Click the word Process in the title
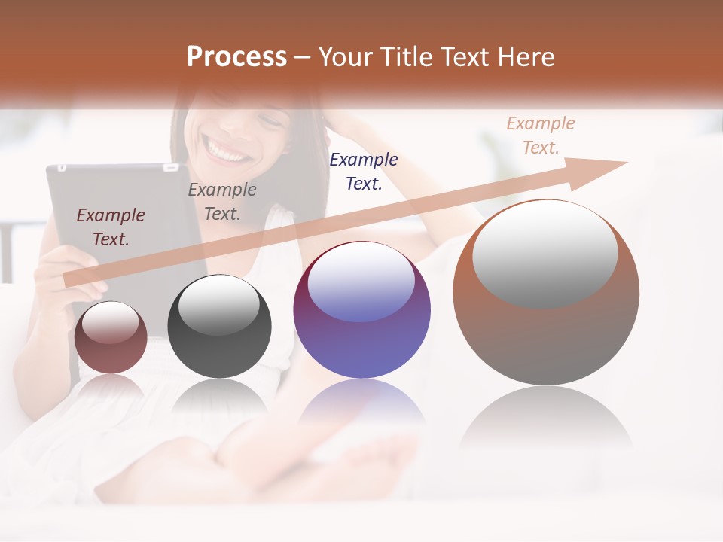click(236, 57)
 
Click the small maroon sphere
click(111, 337)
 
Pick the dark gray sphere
click(219, 326)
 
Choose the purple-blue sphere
click(361, 309)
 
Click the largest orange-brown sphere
click(546, 292)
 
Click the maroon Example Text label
click(111, 227)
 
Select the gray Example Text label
click(222, 202)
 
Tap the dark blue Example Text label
click(364, 171)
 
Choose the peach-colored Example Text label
click(540, 135)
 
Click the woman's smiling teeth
click(227, 150)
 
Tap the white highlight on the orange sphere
click(545, 253)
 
